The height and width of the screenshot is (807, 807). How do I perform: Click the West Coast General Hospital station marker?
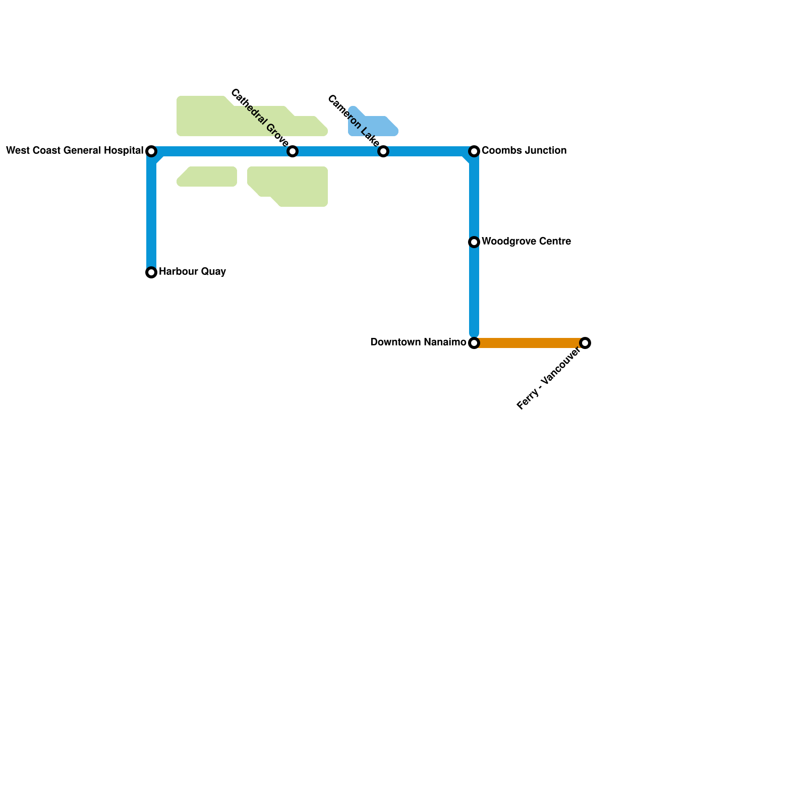(151, 151)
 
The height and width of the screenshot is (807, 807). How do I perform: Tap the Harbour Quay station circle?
(151, 272)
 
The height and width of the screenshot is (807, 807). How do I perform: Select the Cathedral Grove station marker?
(293, 151)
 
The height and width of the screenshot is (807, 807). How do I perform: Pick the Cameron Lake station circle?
(383, 151)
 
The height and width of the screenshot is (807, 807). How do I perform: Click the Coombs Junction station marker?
(474, 151)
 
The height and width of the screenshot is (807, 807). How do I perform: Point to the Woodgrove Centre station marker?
(474, 242)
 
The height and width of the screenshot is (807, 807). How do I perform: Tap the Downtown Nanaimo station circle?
(474, 343)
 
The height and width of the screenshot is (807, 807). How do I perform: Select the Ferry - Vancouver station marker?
(585, 343)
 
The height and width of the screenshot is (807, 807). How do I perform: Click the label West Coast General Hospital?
(75, 150)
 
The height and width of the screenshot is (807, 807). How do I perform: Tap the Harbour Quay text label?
(192, 272)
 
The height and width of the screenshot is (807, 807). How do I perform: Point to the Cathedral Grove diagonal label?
(259, 118)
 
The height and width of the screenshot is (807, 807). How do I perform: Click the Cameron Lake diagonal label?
(353, 121)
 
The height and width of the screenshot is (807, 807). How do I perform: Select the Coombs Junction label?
(524, 150)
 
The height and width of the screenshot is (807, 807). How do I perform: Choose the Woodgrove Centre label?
(526, 242)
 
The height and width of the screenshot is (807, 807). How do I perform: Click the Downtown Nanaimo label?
(418, 342)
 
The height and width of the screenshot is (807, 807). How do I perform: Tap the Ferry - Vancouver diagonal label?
(549, 379)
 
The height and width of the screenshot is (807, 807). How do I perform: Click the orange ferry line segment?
(530, 343)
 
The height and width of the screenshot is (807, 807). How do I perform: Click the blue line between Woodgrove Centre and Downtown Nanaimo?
(474, 293)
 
